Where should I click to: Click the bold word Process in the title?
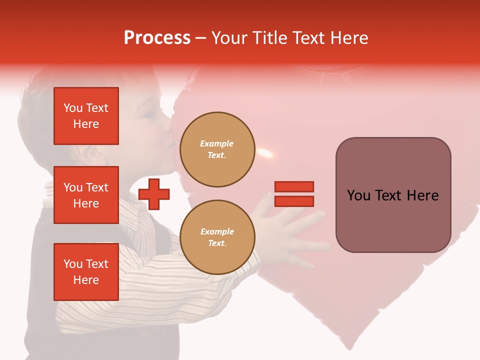tap(157, 38)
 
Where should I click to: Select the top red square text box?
tap(86, 116)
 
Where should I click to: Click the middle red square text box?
tap(86, 195)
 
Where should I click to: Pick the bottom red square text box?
tap(86, 272)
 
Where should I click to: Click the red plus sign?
tap(154, 194)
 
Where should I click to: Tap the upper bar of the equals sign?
tap(294, 186)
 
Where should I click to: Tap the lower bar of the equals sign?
tap(294, 201)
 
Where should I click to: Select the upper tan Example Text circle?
tap(217, 149)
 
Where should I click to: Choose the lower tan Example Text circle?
tap(217, 237)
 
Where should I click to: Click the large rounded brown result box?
tap(393, 194)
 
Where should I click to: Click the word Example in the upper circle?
tap(217, 143)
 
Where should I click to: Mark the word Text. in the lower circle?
tap(217, 243)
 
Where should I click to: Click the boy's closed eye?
tap(150, 114)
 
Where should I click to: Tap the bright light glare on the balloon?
tap(265, 151)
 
